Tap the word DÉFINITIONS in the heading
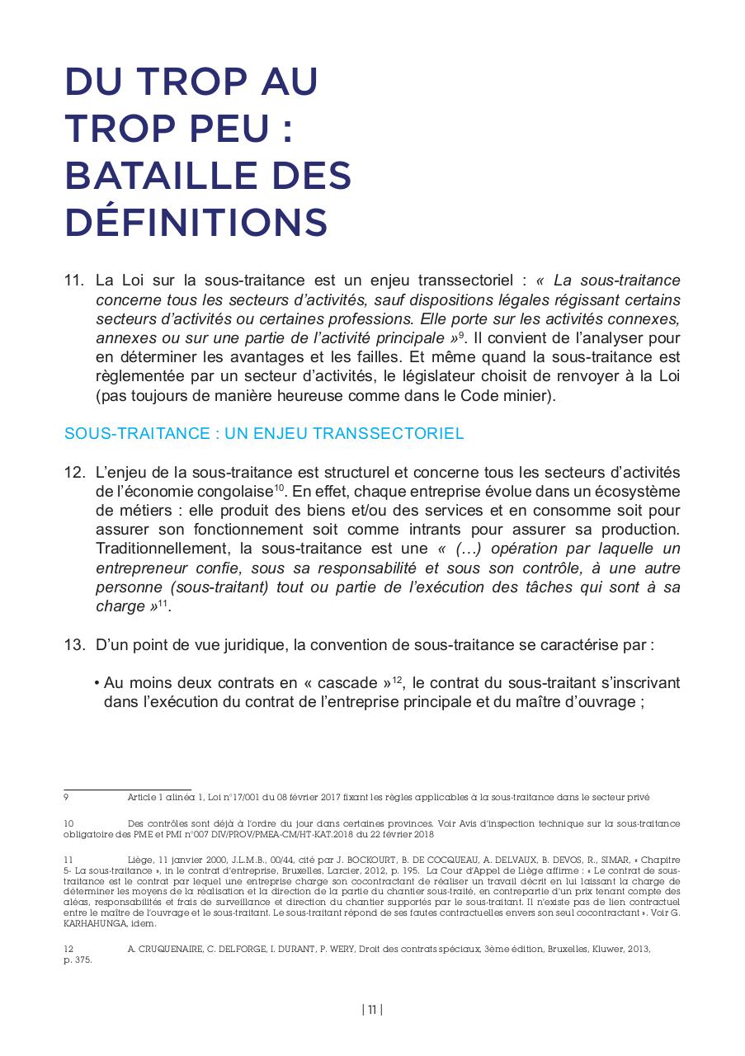point(196,222)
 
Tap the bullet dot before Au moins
point(97,684)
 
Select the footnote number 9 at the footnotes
point(66,797)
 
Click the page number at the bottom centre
point(372,1010)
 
